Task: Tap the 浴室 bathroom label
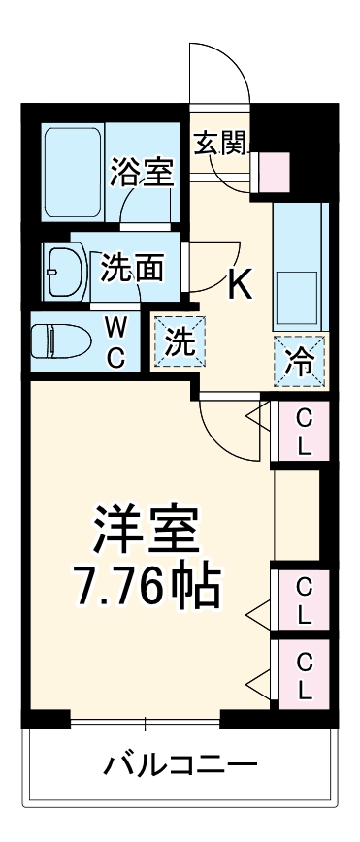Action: click(142, 171)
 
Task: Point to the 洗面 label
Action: click(132, 268)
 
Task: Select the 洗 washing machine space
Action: click(177, 341)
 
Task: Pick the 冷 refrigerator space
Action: click(300, 361)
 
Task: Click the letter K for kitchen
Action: click(239, 284)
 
